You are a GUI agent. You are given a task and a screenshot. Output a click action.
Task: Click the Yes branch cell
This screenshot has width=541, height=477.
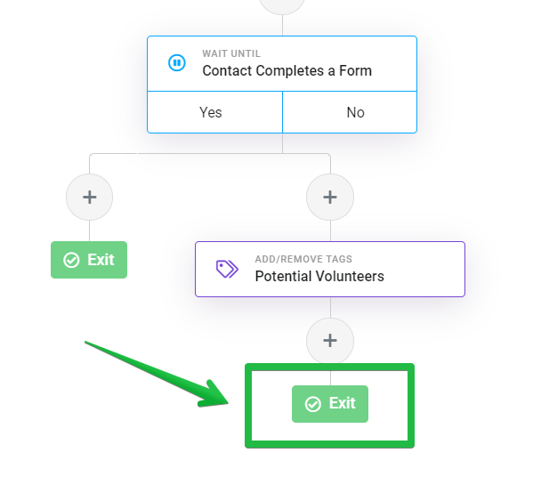click(x=214, y=112)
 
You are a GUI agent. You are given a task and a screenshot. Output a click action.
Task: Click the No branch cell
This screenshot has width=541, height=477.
click(x=350, y=112)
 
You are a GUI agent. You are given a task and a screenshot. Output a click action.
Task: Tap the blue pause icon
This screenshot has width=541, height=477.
click(x=177, y=63)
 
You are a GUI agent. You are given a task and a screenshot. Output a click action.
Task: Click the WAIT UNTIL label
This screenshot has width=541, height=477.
click(x=231, y=53)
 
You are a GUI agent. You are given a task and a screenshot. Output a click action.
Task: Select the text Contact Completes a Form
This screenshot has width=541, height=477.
click(x=287, y=71)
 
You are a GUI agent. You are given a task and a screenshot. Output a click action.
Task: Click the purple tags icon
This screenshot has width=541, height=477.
click(x=227, y=269)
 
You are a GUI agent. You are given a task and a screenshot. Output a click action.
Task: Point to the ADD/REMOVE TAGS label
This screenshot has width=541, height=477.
click(x=303, y=259)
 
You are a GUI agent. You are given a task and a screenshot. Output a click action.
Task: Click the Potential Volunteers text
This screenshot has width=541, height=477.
click(x=319, y=276)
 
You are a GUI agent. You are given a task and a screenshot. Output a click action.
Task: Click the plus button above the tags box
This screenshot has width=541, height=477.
click(x=330, y=197)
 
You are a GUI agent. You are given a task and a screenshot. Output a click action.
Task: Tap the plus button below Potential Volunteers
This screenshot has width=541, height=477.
click(x=330, y=341)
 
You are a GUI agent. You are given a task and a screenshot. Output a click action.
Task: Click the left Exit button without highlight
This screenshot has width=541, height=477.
click(x=89, y=260)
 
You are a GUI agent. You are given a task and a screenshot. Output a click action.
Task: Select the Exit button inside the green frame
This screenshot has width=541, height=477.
click(x=330, y=404)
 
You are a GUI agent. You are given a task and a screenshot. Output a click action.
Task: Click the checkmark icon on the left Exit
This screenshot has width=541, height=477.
click(x=71, y=260)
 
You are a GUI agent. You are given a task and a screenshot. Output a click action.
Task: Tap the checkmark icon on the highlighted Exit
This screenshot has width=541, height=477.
click(x=313, y=404)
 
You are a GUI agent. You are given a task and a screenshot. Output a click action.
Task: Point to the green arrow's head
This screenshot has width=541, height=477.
click(x=228, y=403)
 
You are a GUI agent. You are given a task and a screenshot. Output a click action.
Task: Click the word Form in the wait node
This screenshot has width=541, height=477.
click(x=355, y=71)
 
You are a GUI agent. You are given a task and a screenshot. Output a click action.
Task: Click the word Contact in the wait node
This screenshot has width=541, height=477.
click(x=227, y=71)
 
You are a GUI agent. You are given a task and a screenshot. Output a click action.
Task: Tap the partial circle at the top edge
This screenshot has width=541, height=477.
click(x=282, y=6)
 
